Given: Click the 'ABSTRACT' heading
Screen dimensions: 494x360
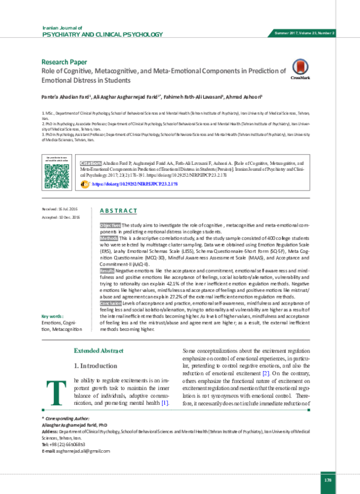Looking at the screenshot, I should [118, 211].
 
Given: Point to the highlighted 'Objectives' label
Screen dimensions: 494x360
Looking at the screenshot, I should [110, 223].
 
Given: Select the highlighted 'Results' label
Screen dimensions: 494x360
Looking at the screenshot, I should [108, 271].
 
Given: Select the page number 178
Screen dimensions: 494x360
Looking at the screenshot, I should [328, 481].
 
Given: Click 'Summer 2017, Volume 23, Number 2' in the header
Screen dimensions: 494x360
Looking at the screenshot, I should [304, 32].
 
